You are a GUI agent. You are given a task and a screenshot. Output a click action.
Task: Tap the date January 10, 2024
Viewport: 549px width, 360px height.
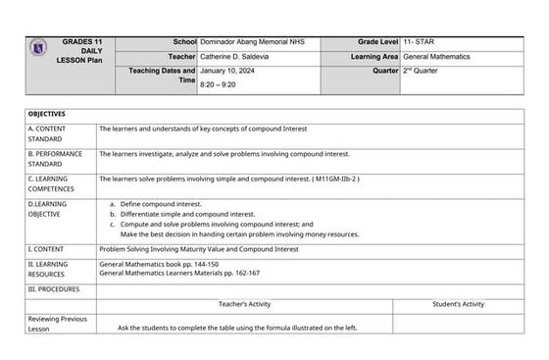pyautogui.click(x=228, y=73)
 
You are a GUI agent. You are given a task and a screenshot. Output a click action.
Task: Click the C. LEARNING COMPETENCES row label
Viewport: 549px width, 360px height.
pyautogui.click(x=54, y=183)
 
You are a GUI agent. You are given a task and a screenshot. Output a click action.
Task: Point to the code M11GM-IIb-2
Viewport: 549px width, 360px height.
pyautogui.click(x=336, y=180)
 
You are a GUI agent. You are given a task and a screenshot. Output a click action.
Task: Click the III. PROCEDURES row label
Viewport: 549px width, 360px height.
pyautogui.click(x=54, y=289)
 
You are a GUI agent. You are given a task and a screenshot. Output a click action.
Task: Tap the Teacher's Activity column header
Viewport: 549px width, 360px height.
pyautogui.click(x=245, y=304)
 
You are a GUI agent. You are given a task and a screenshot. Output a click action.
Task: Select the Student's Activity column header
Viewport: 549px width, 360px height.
pyautogui.click(x=458, y=304)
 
